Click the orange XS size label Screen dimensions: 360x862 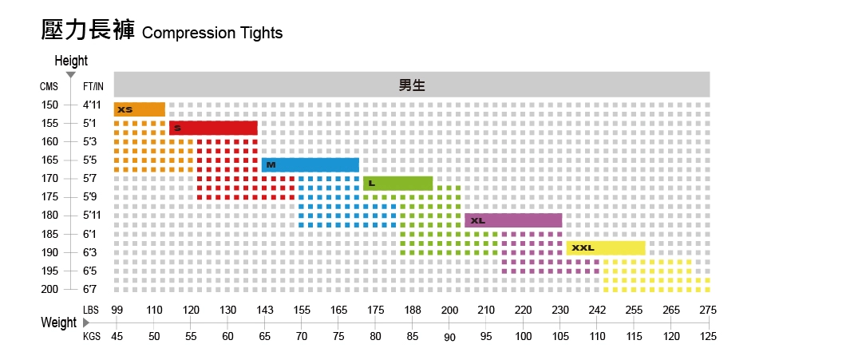tap(125, 109)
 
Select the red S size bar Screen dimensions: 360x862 tap(213, 128)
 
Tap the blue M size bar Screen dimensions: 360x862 tap(310, 164)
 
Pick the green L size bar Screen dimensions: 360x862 tap(397, 184)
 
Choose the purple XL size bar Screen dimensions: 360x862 tap(513, 220)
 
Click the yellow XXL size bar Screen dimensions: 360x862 tap(606, 247)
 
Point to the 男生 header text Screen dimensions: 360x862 tap(412, 85)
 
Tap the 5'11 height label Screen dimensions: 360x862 tap(93, 216)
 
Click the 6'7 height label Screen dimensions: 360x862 tap(90, 289)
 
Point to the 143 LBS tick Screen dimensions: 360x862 tap(265, 311)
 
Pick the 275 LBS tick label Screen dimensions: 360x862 tap(708, 311)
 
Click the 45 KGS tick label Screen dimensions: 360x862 tap(117, 336)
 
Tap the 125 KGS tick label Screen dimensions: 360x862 tap(708, 336)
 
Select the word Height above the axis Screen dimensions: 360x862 tap(71, 61)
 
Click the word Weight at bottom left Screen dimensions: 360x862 tap(59, 322)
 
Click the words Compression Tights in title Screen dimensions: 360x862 tap(212, 34)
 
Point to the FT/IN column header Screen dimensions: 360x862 tap(93, 86)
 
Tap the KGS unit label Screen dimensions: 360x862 tap(92, 336)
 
